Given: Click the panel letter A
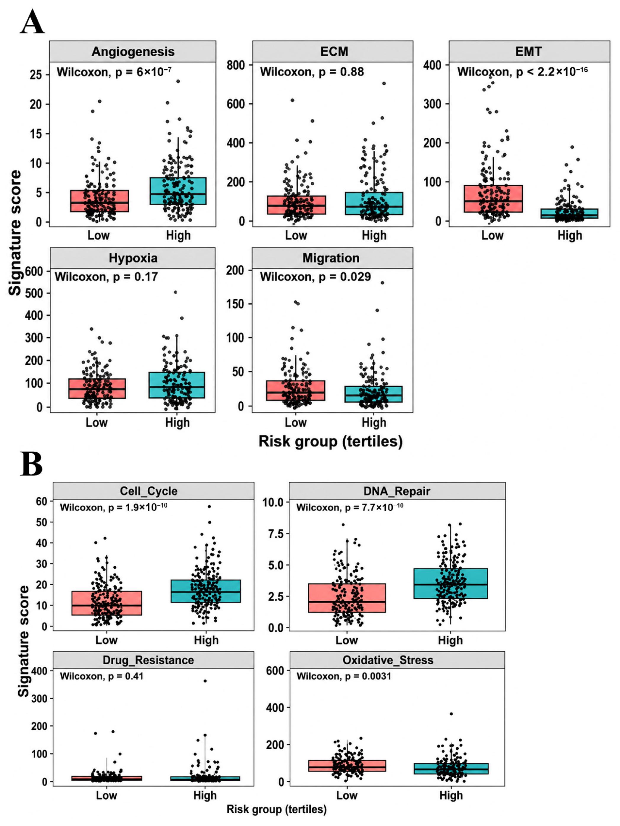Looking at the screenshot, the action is pyautogui.click(x=33, y=22).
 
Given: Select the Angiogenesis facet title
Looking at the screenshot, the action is pyautogui.click(x=133, y=52).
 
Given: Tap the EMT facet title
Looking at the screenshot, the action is pyautogui.click(x=529, y=51).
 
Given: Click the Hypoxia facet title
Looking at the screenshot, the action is pyautogui.click(x=133, y=258).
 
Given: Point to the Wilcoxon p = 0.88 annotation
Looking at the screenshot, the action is pyautogui.click(x=312, y=72).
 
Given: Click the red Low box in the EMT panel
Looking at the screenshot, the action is pyautogui.click(x=493, y=199).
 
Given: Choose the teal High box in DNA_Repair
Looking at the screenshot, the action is pyautogui.click(x=450, y=583).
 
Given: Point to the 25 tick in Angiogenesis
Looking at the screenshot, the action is pyautogui.click(x=36, y=75).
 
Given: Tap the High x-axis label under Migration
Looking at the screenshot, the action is pyautogui.click(x=374, y=423).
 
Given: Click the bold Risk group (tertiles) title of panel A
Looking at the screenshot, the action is pyautogui.click(x=331, y=441).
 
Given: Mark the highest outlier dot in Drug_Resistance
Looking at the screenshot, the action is pyautogui.click(x=205, y=681).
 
